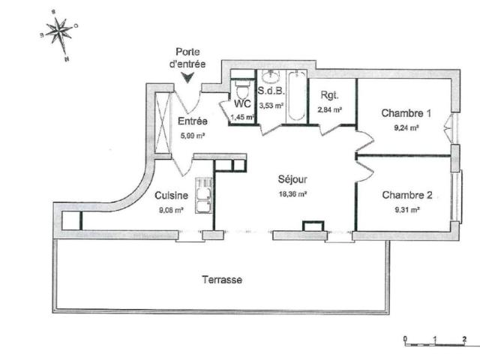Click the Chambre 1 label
(x=406, y=114)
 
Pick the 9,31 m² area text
(x=406, y=209)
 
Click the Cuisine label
(x=170, y=196)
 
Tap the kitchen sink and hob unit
(x=202, y=197)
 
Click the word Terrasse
(x=221, y=279)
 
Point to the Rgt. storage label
(x=329, y=95)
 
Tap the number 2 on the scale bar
(x=464, y=338)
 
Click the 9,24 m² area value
(x=406, y=127)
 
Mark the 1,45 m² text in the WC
(x=241, y=118)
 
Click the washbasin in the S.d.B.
(x=271, y=77)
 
